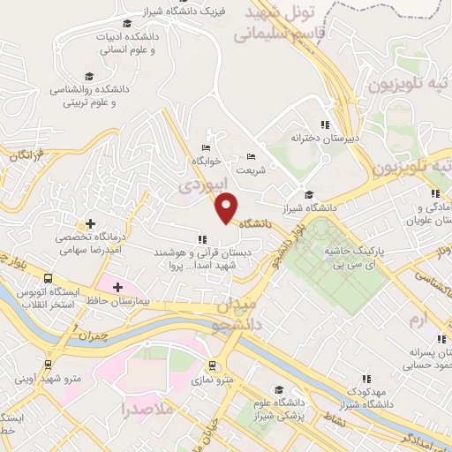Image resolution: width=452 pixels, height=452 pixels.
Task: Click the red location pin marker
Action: coord(228,207)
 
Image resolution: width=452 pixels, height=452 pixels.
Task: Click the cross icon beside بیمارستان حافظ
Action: coord(117,287)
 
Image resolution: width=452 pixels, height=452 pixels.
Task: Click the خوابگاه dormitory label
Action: coord(205,162)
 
